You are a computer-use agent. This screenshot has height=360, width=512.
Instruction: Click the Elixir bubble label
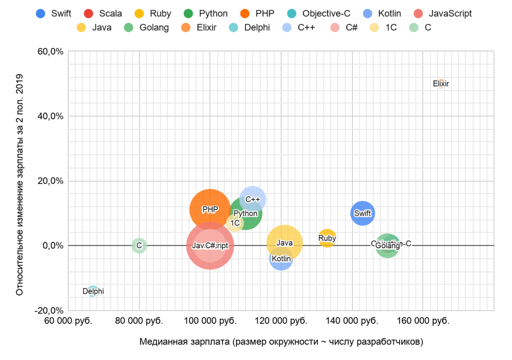coord(441,84)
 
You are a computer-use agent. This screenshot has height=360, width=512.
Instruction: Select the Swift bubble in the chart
coord(363,213)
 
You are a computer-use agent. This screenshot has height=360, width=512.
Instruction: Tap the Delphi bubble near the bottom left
coord(93,291)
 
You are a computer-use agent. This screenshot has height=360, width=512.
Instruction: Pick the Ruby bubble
coord(327,238)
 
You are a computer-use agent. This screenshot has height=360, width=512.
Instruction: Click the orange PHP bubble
coord(209,209)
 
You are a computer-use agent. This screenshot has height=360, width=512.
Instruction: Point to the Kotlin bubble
coord(281,259)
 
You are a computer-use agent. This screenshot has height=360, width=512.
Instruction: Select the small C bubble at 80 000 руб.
coord(139,246)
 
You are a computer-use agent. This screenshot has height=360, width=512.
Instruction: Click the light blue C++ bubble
coord(253,199)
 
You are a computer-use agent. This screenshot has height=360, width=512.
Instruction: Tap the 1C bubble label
coord(235,223)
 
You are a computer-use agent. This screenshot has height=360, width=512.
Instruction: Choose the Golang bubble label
coord(387,246)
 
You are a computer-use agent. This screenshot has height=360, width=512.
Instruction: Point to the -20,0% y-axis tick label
coord(49,310)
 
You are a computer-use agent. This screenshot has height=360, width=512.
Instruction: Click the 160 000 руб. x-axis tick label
coord(423,321)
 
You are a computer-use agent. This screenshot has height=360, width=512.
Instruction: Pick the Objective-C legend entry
coord(317,14)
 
